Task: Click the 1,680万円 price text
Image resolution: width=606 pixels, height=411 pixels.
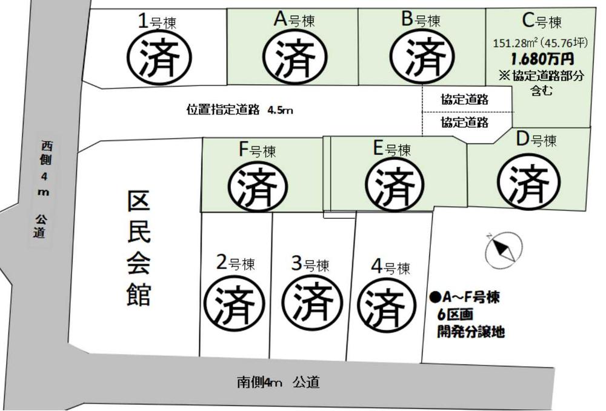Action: [x=541, y=59]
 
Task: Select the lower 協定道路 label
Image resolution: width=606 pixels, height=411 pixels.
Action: [x=465, y=122]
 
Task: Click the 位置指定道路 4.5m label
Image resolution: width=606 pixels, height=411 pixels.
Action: [x=239, y=110]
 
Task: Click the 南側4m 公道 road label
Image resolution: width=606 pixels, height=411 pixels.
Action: [x=278, y=383]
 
